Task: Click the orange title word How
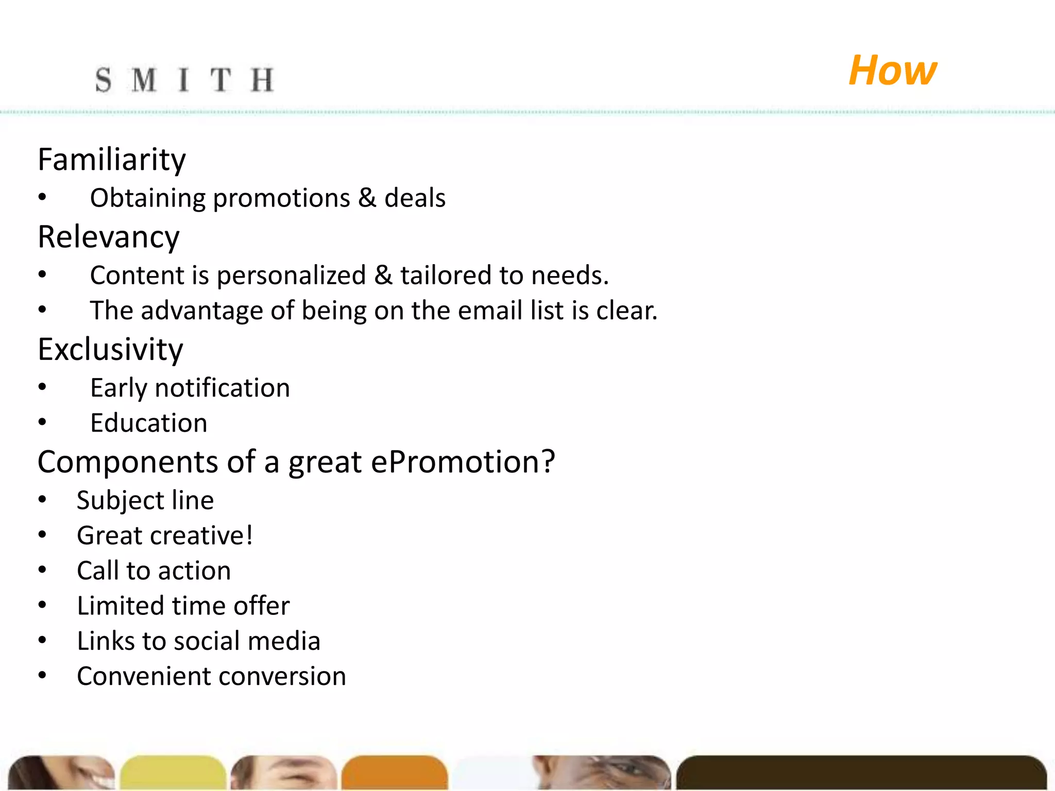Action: tap(892, 71)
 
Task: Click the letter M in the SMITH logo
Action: tap(144, 81)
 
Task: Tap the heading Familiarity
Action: tap(112, 160)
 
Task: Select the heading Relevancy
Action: tap(109, 237)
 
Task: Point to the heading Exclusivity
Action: tap(110, 350)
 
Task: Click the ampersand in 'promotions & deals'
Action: tap(367, 198)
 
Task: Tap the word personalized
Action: tap(291, 276)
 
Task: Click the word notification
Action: tap(223, 388)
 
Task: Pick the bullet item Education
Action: tap(148, 423)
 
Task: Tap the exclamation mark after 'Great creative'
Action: tap(249, 535)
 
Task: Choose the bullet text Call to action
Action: tap(154, 571)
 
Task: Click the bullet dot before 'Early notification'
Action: tap(42, 387)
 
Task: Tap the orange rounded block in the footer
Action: tap(395, 772)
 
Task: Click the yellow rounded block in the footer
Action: tap(173, 772)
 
